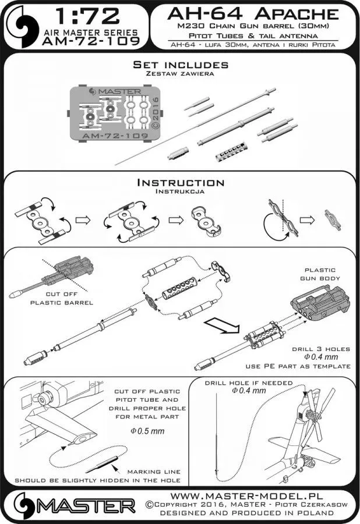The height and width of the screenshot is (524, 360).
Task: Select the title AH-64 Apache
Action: pyautogui.click(x=252, y=14)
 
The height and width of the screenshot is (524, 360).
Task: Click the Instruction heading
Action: pyautogui.click(x=179, y=183)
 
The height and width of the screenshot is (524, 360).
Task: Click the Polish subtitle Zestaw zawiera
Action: pyautogui.click(x=179, y=74)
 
